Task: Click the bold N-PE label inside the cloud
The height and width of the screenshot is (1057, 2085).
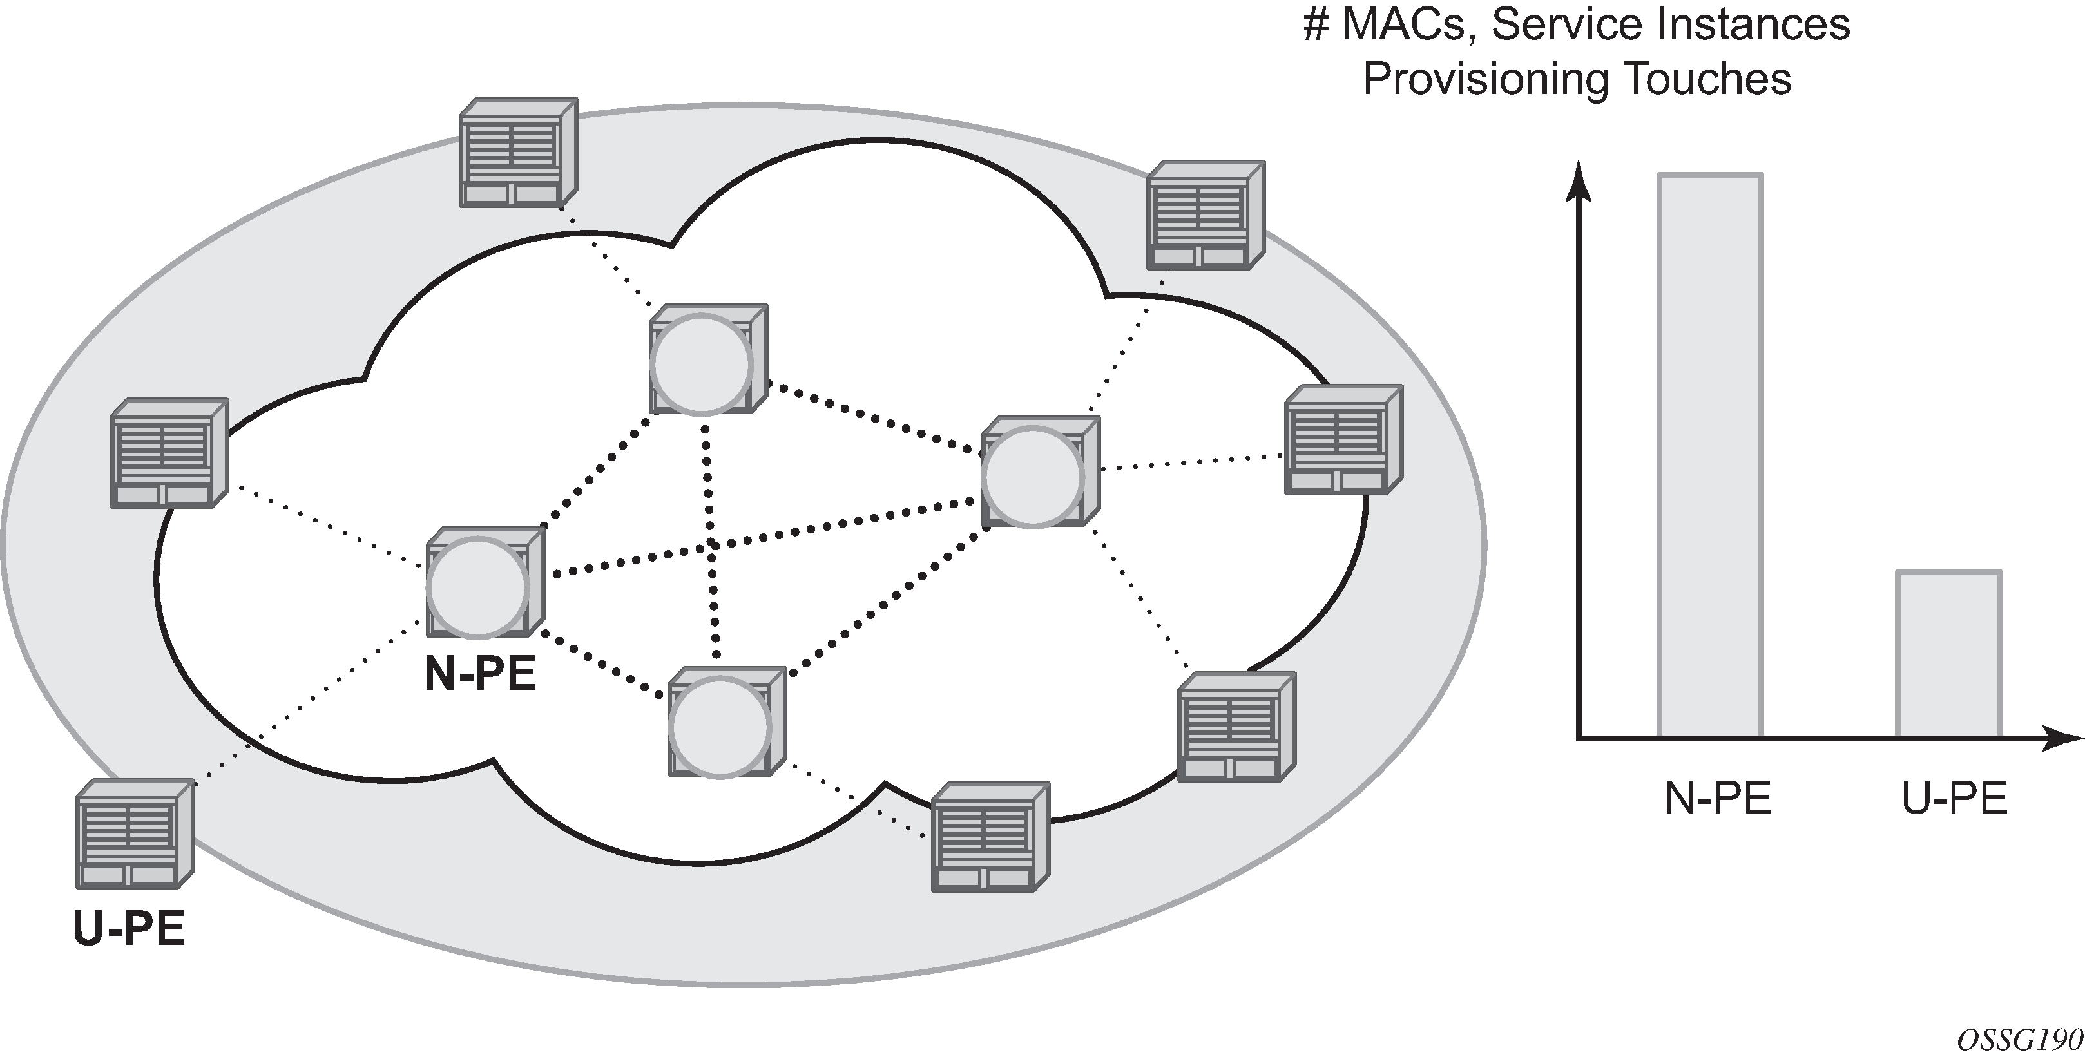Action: [480, 673]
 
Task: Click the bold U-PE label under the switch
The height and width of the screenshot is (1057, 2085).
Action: [129, 928]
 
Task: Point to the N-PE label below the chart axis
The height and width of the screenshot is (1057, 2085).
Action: [1718, 798]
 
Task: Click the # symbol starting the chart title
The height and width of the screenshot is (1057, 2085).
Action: [1316, 24]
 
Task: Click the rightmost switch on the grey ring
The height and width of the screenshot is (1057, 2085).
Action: [1343, 441]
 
